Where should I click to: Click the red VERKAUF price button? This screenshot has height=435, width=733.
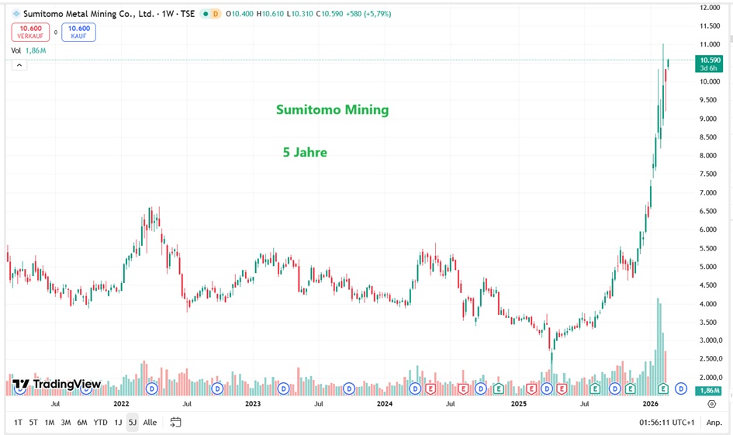click(x=30, y=32)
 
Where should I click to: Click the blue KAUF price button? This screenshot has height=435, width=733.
click(x=80, y=32)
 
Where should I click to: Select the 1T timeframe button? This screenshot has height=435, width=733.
click(x=19, y=423)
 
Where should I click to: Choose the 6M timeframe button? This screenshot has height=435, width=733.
click(x=82, y=423)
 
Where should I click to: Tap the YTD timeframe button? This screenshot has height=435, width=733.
click(x=101, y=423)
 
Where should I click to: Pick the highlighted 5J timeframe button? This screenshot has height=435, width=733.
click(x=133, y=423)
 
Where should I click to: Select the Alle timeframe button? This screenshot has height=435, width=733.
click(x=150, y=423)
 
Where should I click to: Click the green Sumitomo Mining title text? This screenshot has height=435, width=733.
click(x=332, y=110)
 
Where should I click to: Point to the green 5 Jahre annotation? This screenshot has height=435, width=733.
click(x=305, y=153)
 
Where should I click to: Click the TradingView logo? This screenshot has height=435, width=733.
click(x=57, y=384)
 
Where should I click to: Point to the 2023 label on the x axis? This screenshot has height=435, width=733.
click(x=253, y=403)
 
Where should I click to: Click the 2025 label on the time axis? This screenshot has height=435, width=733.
click(x=519, y=403)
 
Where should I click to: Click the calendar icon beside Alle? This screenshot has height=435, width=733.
click(x=176, y=423)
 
